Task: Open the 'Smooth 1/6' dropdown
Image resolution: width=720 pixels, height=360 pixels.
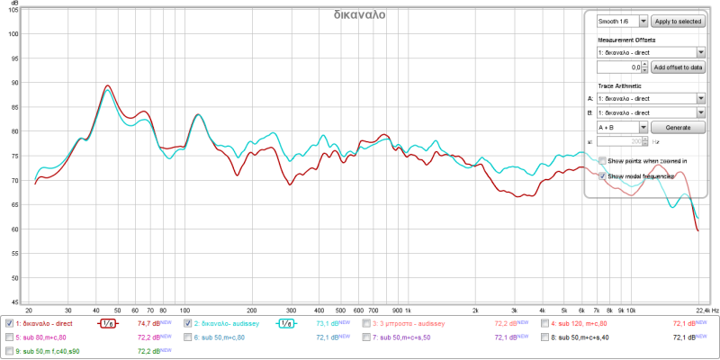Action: [x=622, y=20]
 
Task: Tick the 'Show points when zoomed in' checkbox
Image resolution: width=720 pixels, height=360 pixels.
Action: [x=603, y=161]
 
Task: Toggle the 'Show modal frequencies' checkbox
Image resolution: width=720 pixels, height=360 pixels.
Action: [x=603, y=175]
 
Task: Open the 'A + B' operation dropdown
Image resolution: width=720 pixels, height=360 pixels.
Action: [x=622, y=127]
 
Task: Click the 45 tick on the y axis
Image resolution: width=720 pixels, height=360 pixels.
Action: [x=13, y=302]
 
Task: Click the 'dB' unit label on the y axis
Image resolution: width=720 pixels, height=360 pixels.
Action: [x=13, y=4]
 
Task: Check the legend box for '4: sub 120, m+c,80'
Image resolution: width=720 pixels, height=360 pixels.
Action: [x=545, y=322]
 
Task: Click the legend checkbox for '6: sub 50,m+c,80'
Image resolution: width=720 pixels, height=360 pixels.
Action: [x=188, y=337]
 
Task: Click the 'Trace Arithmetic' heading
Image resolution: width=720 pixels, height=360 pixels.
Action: [x=623, y=85]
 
